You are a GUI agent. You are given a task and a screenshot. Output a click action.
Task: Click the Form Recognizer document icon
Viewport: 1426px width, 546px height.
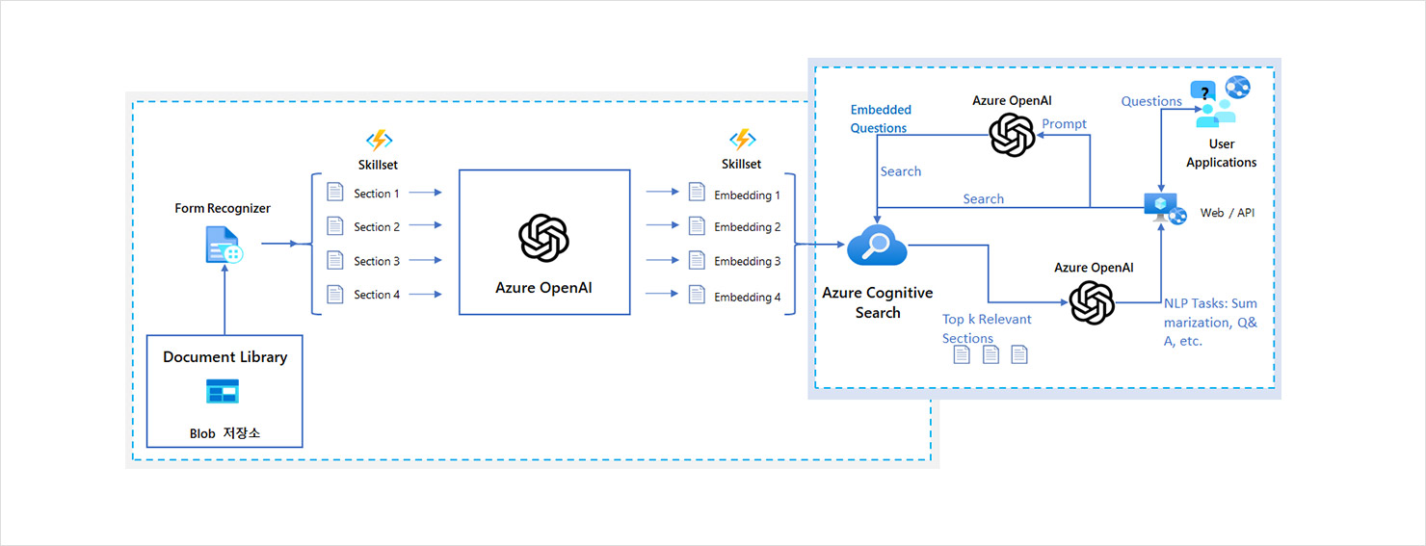point(224,246)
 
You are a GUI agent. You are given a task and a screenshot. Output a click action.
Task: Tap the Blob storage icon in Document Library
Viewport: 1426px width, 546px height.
point(223,391)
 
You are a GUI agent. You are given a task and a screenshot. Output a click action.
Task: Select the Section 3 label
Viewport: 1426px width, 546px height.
point(377,261)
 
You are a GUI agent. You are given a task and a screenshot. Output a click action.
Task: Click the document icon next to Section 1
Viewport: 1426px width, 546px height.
point(334,192)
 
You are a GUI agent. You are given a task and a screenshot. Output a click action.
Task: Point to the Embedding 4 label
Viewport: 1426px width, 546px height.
point(748,298)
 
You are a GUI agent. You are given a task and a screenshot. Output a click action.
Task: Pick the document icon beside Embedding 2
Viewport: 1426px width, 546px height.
point(697,226)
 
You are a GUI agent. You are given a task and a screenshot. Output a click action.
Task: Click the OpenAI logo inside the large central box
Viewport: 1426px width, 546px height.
point(543,238)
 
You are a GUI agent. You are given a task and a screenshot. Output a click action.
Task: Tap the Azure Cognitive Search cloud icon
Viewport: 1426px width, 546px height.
point(877,247)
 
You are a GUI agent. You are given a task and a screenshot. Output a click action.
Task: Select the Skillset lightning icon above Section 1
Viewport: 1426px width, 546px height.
point(379,141)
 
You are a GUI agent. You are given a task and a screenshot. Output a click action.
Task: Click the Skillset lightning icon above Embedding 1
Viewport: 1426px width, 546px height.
point(741,141)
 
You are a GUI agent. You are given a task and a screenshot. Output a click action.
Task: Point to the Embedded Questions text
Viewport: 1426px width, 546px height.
point(880,118)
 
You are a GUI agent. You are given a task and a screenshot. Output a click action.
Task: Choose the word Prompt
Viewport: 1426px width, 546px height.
point(1064,124)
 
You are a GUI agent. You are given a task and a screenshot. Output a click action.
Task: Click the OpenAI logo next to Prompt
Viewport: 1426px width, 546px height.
point(1012,134)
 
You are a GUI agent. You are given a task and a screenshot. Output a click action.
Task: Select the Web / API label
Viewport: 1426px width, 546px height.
point(1227,213)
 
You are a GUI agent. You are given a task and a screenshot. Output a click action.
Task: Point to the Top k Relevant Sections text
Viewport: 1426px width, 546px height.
point(987,328)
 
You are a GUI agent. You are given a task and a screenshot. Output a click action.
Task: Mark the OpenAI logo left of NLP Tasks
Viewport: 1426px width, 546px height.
point(1092,302)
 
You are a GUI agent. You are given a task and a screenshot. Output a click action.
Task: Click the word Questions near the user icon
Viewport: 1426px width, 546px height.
point(1150,101)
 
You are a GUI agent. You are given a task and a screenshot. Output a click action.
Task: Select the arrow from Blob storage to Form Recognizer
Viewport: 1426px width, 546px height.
point(224,300)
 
